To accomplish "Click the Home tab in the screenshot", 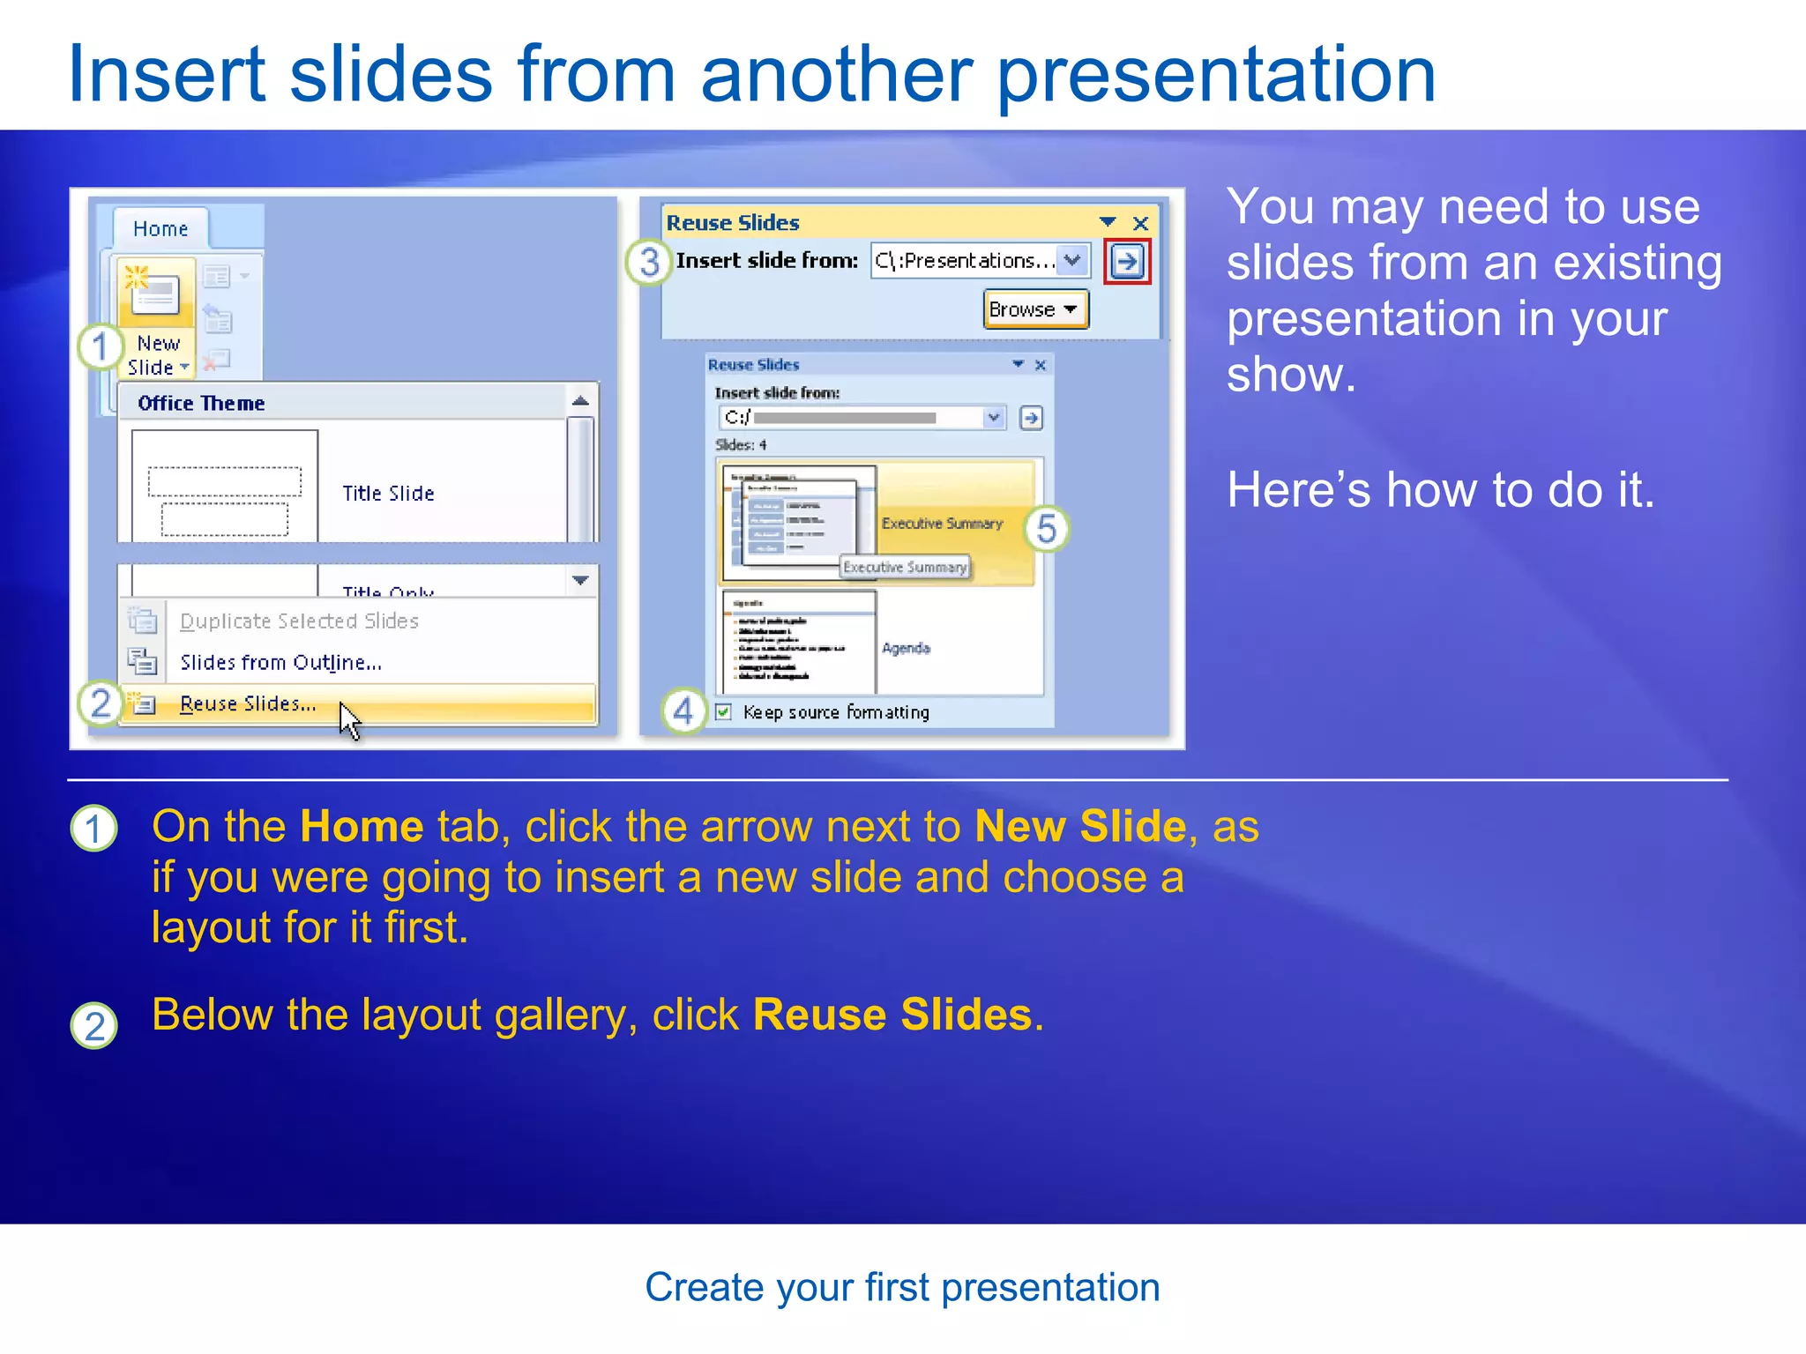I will pyautogui.click(x=160, y=229).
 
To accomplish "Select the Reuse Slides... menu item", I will pyautogui.click(x=248, y=703).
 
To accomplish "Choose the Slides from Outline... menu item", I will pyautogui.click(x=280, y=662).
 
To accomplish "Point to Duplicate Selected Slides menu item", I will pyautogui.click(x=299, y=621).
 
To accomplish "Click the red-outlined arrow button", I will pyautogui.click(x=1127, y=261).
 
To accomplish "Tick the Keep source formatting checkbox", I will pyautogui.click(x=724, y=712).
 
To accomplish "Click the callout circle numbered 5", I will pyautogui.click(x=1047, y=529).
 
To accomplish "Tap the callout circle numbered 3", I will pyautogui.click(x=650, y=262).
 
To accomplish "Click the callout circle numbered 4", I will pyautogui.click(x=683, y=711).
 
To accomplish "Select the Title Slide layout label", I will pyautogui.click(x=388, y=494).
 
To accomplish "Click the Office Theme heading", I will pyautogui.click(x=201, y=404).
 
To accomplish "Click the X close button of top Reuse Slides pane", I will pyautogui.click(x=1140, y=223).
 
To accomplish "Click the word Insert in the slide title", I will pyautogui.click(x=166, y=75).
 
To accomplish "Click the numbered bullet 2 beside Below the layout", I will pyautogui.click(x=94, y=1026).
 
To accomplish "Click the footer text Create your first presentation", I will pyautogui.click(x=902, y=1287).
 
